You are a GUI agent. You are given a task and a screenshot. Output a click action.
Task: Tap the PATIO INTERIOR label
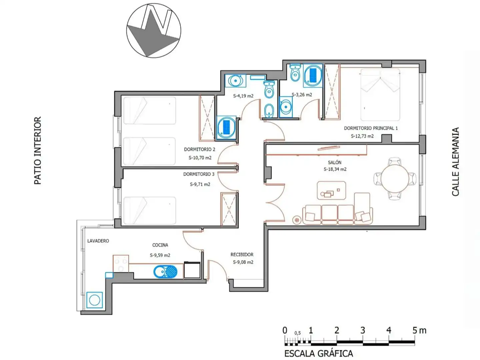(38, 150)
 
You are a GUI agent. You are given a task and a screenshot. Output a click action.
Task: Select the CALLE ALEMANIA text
(455, 162)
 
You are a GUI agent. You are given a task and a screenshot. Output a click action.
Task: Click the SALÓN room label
(334, 162)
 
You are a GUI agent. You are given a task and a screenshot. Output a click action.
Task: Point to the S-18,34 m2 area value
(335, 169)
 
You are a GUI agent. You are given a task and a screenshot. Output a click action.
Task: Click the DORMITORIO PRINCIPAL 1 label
(371, 128)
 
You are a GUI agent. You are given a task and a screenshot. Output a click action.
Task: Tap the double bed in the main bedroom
(380, 94)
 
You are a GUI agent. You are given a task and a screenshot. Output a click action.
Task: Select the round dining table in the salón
(394, 179)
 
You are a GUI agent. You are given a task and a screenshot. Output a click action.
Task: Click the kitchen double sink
(165, 272)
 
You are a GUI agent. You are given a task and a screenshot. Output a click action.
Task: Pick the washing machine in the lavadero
(94, 300)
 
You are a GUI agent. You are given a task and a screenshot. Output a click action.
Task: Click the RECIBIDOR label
(242, 254)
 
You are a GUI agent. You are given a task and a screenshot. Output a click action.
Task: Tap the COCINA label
(160, 245)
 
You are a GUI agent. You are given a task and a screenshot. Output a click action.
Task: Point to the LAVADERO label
(98, 241)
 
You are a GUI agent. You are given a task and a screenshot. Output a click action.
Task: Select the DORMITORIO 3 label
(199, 174)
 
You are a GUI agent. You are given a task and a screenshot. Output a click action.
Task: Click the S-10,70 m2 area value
(200, 158)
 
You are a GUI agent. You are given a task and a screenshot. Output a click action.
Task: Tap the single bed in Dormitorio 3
(150, 210)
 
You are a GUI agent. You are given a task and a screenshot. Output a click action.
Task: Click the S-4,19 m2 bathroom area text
(243, 96)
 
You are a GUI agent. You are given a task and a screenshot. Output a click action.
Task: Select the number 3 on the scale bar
(363, 330)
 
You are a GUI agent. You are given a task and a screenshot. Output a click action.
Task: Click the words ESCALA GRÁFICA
(318, 353)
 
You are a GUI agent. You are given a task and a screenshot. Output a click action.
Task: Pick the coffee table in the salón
(331, 190)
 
